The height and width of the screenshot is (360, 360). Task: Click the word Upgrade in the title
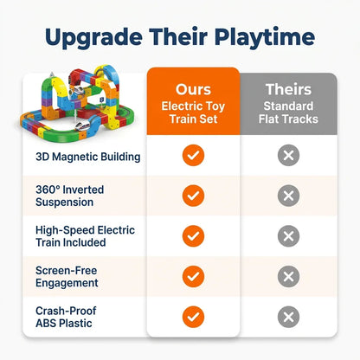[93, 38]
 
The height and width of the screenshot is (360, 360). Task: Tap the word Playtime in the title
[265, 38]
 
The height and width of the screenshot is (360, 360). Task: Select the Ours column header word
[193, 89]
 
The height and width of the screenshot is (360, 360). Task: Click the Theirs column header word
[288, 89]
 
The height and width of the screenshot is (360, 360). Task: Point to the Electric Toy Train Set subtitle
[193, 112]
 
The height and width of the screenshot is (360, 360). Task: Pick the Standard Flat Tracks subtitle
[288, 112]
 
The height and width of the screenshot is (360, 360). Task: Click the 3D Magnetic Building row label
[88, 157]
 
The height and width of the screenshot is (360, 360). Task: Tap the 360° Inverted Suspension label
[69, 196]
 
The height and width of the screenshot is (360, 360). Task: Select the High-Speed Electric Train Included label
[85, 236]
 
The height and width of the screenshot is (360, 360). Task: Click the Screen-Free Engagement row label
[67, 277]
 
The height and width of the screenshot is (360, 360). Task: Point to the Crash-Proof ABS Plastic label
[66, 317]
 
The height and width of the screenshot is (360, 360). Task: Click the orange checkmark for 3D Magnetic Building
[193, 156]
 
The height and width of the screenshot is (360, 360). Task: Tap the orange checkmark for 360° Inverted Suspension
[193, 196]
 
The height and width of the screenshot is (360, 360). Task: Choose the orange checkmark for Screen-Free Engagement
[193, 277]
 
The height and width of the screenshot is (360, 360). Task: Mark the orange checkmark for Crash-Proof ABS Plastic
[193, 317]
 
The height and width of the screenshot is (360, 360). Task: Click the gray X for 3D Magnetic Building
[288, 156]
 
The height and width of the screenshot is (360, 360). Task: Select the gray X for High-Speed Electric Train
[288, 236]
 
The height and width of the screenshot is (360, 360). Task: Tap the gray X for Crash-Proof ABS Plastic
[288, 317]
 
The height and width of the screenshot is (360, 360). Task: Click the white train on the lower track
[83, 126]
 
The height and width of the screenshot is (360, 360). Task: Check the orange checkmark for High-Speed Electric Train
[193, 236]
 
